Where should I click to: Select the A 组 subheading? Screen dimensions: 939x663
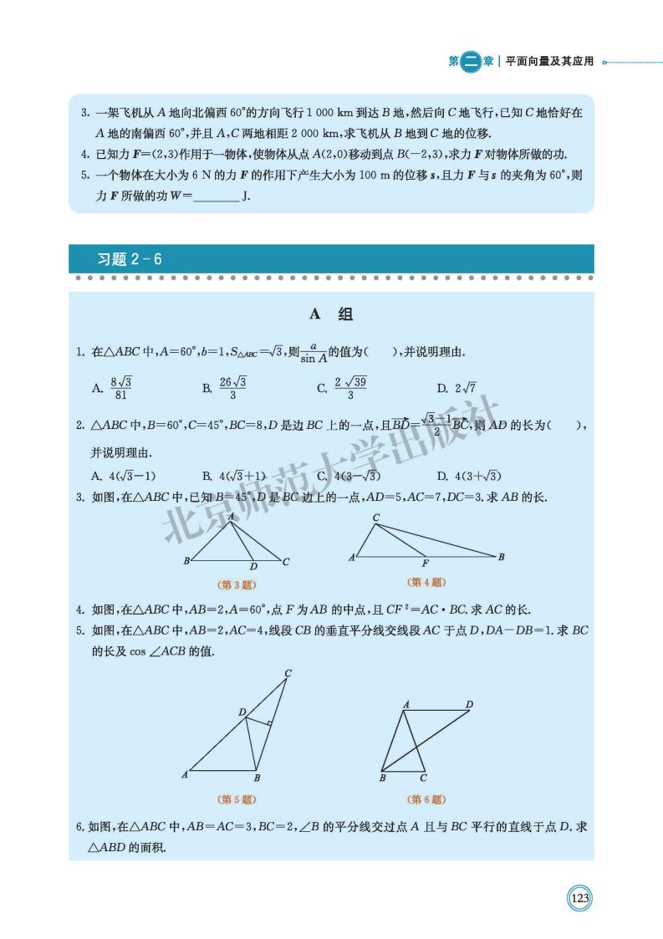(331, 314)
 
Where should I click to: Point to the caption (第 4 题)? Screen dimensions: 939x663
(426, 582)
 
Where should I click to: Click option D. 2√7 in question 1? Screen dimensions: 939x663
(456, 387)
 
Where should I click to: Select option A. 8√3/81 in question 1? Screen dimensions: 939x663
(113, 387)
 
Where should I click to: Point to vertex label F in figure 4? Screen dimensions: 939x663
(426, 564)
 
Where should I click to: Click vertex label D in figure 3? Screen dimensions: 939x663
(253, 566)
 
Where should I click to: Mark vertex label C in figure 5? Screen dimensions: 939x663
(288, 673)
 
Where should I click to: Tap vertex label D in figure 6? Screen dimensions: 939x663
(470, 704)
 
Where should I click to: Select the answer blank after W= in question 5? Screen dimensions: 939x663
(216, 196)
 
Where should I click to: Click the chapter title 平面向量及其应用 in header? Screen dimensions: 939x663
(549, 61)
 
